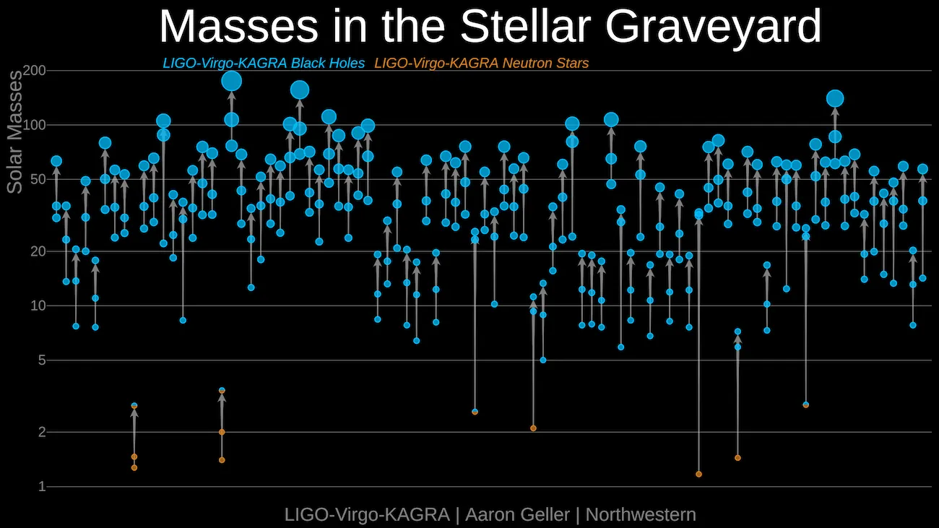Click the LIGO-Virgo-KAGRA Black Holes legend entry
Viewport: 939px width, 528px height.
[x=264, y=64]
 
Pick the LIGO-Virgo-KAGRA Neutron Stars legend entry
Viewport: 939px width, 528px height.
[x=482, y=64]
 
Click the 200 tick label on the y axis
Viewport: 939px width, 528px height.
[x=35, y=71]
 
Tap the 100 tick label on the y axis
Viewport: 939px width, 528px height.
[x=35, y=125]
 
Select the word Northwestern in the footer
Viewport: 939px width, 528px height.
[x=641, y=515]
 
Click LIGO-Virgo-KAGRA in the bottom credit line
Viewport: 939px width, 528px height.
[x=367, y=515]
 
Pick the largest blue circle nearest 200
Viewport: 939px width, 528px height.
[x=231, y=81]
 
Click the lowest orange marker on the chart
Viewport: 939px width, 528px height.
[x=698, y=474]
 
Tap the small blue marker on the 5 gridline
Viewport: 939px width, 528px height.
[x=543, y=360]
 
